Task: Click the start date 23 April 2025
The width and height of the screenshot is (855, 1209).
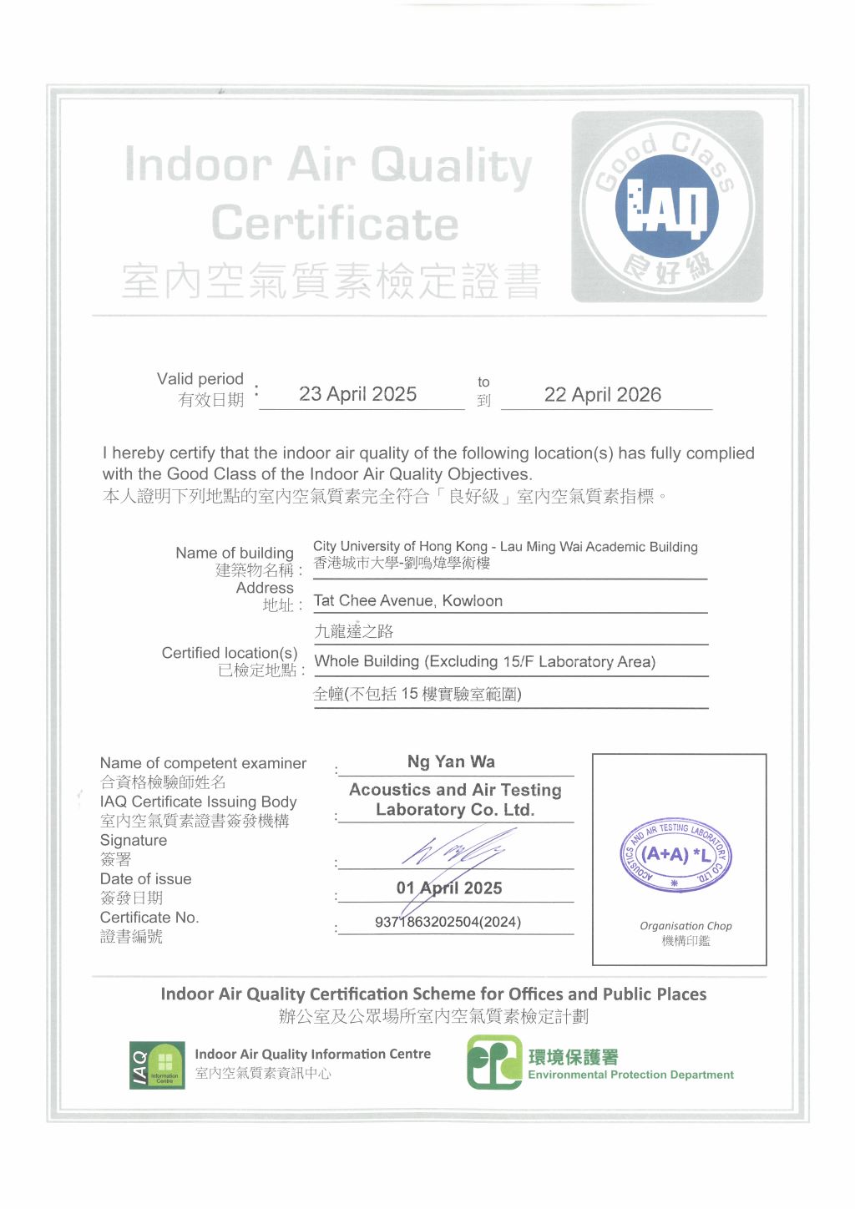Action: [357, 394]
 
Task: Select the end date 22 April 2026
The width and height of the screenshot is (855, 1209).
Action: [602, 395]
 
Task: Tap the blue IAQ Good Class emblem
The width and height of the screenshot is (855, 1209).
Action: [666, 206]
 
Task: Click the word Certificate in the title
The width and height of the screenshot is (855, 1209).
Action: [335, 223]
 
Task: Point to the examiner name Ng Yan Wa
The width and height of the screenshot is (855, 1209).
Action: [451, 761]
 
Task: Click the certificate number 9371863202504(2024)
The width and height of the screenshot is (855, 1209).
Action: [448, 922]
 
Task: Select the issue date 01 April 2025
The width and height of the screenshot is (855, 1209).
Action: [449, 888]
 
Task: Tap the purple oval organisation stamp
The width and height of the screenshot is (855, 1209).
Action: [675, 854]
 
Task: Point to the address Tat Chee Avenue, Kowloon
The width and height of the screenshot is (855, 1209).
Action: [407, 601]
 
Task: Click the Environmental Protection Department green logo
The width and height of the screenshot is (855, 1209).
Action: [494, 1062]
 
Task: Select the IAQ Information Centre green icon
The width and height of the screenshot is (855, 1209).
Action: [157, 1065]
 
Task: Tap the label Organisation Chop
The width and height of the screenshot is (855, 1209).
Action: [686, 926]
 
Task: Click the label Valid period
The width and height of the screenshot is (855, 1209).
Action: [200, 379]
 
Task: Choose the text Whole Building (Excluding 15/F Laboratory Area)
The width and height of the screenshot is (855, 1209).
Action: [484, 662]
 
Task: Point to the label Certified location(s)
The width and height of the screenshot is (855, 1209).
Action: [230, 653]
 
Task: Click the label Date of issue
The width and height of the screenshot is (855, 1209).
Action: [145, 879]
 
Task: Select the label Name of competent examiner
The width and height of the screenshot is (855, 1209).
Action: [203, 763]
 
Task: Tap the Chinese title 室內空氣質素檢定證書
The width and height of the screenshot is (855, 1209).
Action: [331, 281]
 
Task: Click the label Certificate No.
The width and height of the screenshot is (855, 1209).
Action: [149, 918]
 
